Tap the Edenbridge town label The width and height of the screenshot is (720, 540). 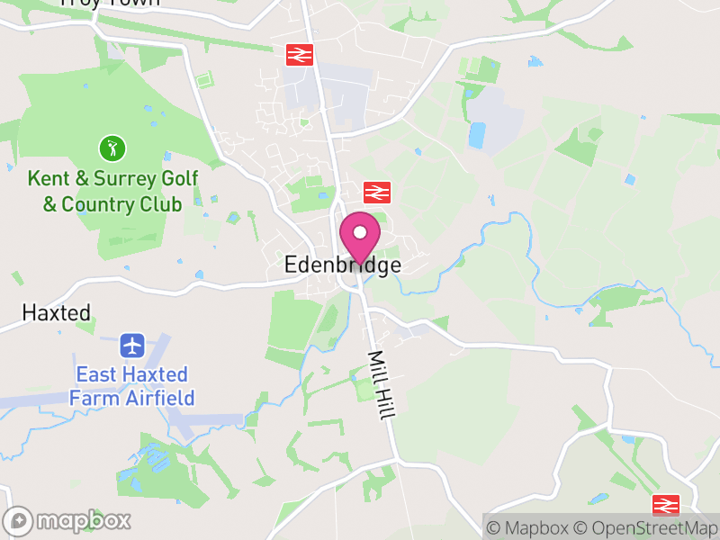pos(342,265)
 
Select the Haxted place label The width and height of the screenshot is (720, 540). pos(57,313)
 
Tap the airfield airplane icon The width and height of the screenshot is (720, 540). pos(132,345)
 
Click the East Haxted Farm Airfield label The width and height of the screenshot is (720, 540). pos(132,385)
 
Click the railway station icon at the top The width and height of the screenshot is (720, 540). pos(299,54)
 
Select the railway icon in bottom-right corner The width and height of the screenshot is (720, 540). pos(665,505)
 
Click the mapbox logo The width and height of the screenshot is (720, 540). pos(68,520)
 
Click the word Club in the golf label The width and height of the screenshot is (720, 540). pos(159,205)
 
